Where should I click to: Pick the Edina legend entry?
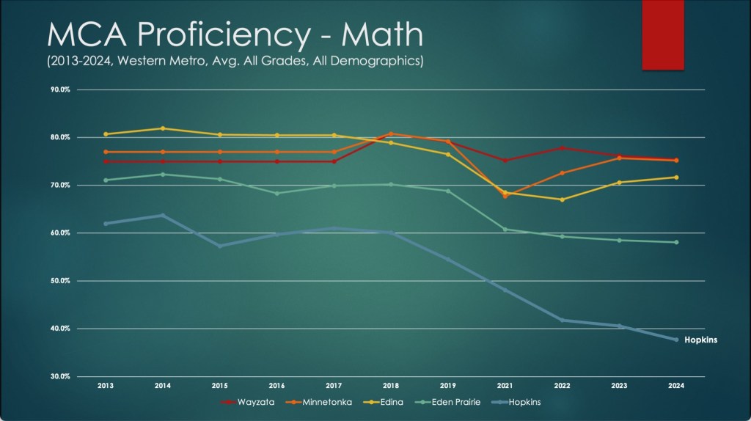(393, 402)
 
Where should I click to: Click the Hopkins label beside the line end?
(700, 340)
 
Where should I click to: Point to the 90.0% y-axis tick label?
(60, 90)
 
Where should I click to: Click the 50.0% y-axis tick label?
(60, 281)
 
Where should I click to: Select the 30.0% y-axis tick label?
(60, 376)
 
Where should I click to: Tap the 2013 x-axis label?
(106, 384)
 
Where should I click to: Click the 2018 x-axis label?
(391, 384)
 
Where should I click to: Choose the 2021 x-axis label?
(505, 384)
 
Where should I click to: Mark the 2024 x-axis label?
(675, 384)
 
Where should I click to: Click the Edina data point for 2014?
(163, 128)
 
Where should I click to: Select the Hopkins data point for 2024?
(675, 340)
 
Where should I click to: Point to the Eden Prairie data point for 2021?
(505, 230)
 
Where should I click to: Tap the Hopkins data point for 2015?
(219, 246)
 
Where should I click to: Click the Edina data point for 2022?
(562, 199)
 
